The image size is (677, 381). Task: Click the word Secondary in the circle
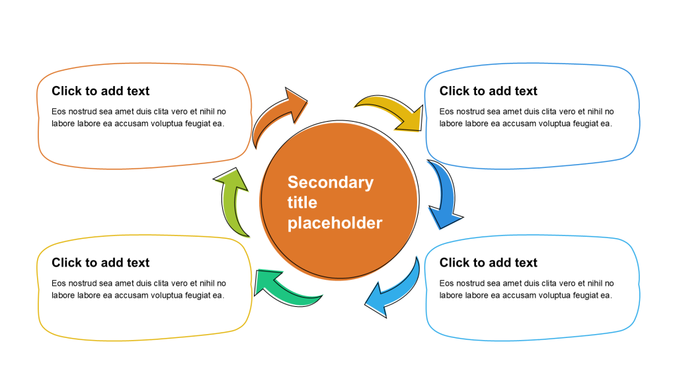pyautogui.click(x=331, y=182)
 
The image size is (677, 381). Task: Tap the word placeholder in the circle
pyautogui.click(x=335, y=223)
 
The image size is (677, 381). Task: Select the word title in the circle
pyautogui.click(x=302, y=202)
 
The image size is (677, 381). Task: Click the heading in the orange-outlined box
pyautogui.click(x=100, y=91)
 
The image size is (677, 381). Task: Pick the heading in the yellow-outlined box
pyautogui.click(x=100, y=263)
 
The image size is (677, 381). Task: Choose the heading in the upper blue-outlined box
pyautogui.click(x=489, y=91)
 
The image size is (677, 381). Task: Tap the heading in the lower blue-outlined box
pyautogui.click(x=489, y=263)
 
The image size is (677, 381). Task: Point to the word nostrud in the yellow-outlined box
pyautogui.click(x=81, y=283)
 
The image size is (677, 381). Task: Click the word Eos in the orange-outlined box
pyautogui.click(x=58, y=111)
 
